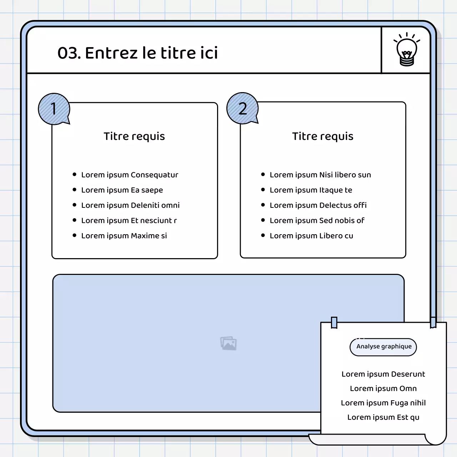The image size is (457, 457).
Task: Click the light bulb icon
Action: pyautogui.click(x=407, y=49)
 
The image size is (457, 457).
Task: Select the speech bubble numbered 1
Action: pyautogui.click(x=54, y=109)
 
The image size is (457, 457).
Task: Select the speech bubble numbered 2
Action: pyautogui.click(x=243, y=108)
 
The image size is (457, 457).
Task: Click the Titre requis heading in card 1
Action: pyautogui.click(x=134, y=136)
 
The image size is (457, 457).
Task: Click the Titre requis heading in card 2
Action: pyautogui.click(x=323, y=136)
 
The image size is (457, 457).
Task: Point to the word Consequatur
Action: pyautogui.click(x=154, y=175)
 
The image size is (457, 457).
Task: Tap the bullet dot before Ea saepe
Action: pyautogui.click(x=75, y=190)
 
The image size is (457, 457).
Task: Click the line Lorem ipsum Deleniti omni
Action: pyautogui.click(x=130, y=205)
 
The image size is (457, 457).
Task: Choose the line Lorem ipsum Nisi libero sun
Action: pyautogui.click(x=320, y=175)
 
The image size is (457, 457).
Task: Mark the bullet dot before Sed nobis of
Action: pyautogui.click(x=263, y=220)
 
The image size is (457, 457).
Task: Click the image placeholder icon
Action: pyautogui.click(x=228, y=343)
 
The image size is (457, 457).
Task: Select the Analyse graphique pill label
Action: pyautogui.click(x=383, y=347)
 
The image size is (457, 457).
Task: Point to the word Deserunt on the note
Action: pyautogui.click(x=408, y=374)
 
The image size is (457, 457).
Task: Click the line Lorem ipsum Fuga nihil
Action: pyautogui.click(x=383, y=403)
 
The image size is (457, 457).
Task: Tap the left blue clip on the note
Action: pyautogui.click(x=334, y=322)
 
